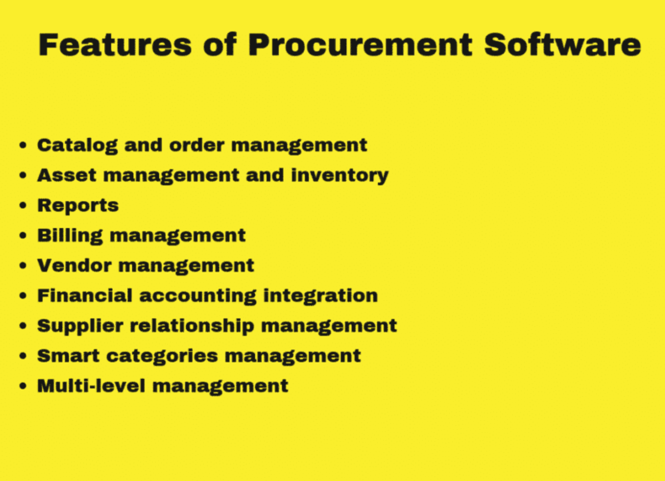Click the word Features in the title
pos(115,45)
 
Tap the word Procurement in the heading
pos(360,45)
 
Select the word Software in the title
pos(563,45)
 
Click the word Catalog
pos(77,146)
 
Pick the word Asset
pos(67,175)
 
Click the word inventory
pos(340,176)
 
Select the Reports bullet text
pos(78,206)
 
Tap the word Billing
pos(70,236)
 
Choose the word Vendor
pos(75,265)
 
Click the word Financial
pos(85,296)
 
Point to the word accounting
pos(198,296)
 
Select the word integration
pos(321,296)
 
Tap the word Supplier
pos(80,326)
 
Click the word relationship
pos(192,326)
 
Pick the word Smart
pos(68,356)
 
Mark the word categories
pos(162,357)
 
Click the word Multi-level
pos(92,386)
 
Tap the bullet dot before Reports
pos(23,205)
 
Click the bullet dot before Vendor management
pos(23,265)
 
